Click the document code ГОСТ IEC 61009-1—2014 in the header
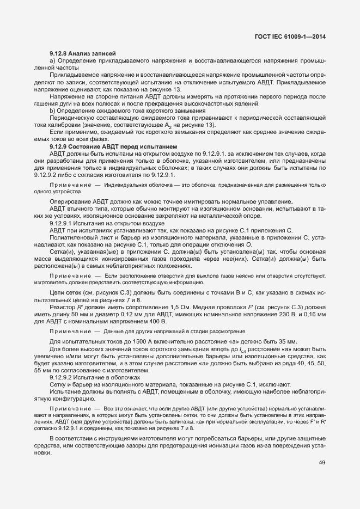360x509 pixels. coord(294,36)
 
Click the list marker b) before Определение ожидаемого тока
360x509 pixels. coord(52,111)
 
